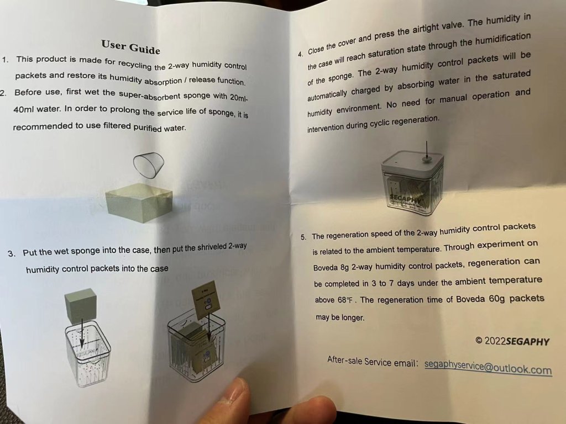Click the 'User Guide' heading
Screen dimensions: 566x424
coord(130,47)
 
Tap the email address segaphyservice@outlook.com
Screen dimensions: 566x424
coord(488,367)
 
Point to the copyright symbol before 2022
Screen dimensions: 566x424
coord(479,340)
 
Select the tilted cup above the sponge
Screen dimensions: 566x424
coord(149,165)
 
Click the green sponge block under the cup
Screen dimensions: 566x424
coord(139,202)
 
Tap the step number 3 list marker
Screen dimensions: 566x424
coord(12,253)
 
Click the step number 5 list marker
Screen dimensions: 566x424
coord(303,237)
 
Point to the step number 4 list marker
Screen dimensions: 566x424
coord(300,54)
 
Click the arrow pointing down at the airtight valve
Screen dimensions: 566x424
coord(427,150)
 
